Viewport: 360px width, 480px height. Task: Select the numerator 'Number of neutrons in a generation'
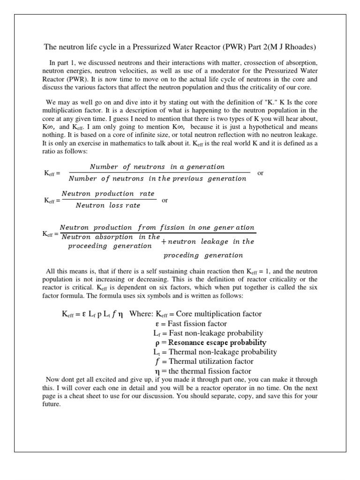pyautogui.click(x=157, y=166)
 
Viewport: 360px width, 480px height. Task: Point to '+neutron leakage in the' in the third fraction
pyautogui.click(x=208, y=241)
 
